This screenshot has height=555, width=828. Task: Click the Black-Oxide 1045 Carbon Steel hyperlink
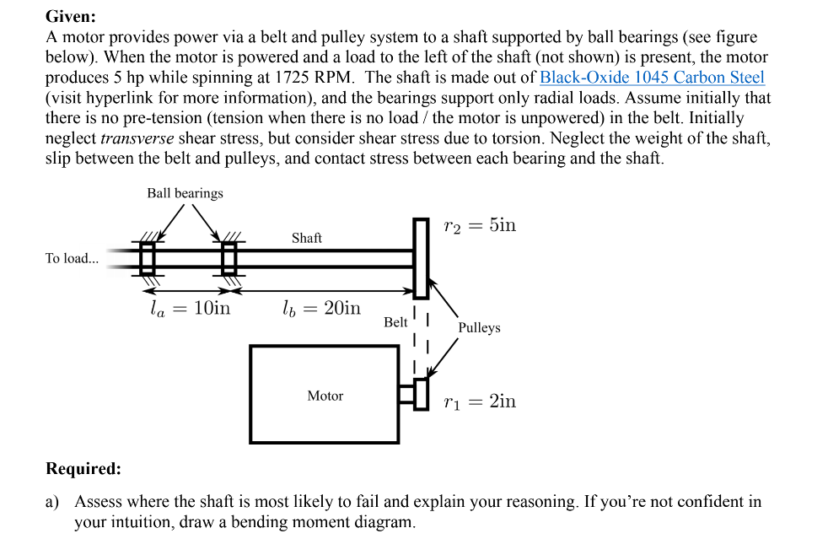tap(652, 78)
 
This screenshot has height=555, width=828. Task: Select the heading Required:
tap(83, 468)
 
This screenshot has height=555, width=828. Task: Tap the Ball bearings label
tap(185, 193)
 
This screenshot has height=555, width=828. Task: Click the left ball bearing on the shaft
tap(148, 258)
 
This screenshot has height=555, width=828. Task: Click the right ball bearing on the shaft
tap(229, 258)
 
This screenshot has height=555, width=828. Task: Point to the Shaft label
tap(306, 238)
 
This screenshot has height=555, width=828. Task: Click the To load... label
tap(72, 258)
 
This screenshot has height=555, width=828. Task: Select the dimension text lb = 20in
tap(320, 308)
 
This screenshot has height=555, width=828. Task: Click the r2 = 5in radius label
tap(479, 225)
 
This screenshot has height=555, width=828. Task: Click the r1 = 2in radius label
tap(479, 401)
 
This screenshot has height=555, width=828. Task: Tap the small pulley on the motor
tap(421, 394)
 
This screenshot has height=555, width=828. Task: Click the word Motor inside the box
tap(325, 396)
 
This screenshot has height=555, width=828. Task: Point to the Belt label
tap(395, 322)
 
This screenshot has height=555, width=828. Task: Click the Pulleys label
tap(479, 327)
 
